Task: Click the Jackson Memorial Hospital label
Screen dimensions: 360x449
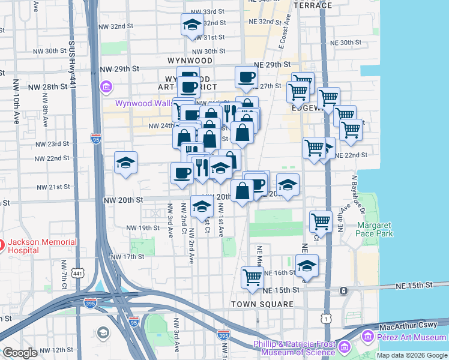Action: click(42, 246)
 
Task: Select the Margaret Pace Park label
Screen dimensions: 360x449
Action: click(375, 229)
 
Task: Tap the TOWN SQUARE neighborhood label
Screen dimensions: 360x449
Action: click(262, 304)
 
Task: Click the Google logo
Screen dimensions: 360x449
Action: click(20, 353)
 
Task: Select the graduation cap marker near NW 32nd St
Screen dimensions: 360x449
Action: click(192, 25)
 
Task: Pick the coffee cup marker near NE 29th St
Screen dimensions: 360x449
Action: click(247, 77)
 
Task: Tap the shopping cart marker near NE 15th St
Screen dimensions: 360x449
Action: click(252, 277)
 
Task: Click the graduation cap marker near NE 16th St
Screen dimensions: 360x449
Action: click(307, 265)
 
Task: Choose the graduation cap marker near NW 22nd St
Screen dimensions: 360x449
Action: click(125, 163)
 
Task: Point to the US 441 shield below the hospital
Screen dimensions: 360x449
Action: click(78, 274)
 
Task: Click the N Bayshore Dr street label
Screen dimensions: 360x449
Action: click(358, 195)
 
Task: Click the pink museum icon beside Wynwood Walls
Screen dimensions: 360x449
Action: click(107, 88)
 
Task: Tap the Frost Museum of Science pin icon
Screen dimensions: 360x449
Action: click(345, 347)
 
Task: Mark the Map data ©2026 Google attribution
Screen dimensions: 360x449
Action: click(412, 355)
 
